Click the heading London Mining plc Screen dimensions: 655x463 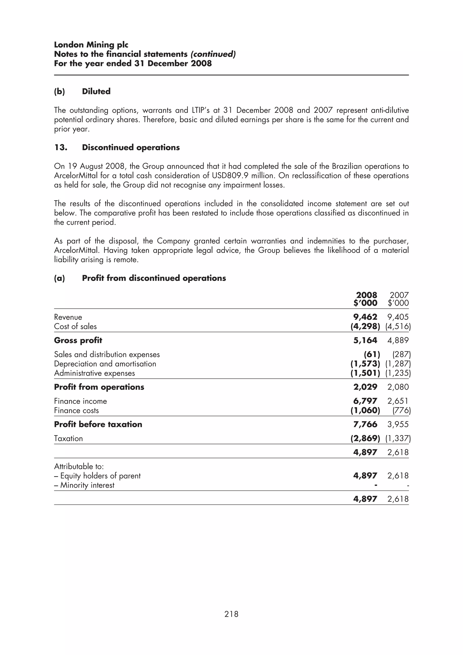tap(91, 45)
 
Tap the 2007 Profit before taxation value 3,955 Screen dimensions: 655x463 tap(398, 424)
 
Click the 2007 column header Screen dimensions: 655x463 tap(399, 295)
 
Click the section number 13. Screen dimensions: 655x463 tap(61, 148)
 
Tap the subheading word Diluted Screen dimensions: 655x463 tap(96, 92)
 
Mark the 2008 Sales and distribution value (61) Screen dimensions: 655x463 tap(372, 355)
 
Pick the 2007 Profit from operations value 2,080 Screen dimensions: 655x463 tap(398, 387)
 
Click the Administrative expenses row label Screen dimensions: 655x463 tap(94, 373)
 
